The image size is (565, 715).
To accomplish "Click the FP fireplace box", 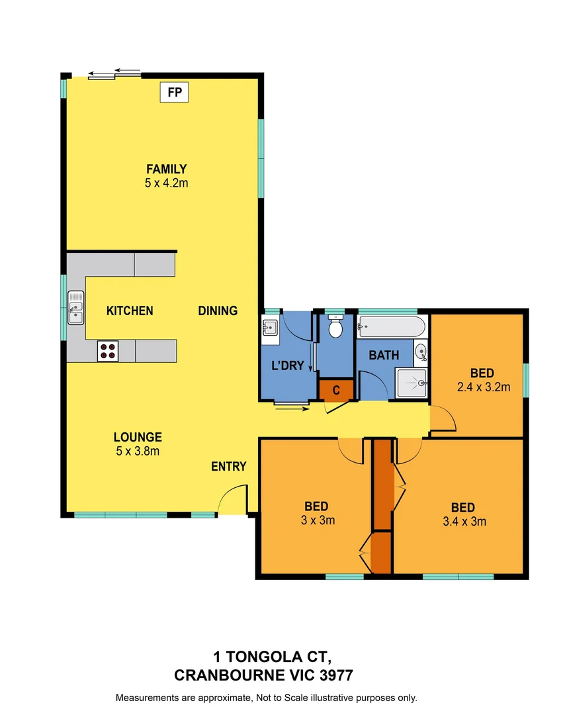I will coord(175,93).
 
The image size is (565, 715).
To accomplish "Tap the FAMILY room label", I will coord(167,169).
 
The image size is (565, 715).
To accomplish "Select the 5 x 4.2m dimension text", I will coord(167,183).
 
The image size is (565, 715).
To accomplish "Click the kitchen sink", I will coord(76,308).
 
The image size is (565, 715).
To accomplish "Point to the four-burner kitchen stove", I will coord(108,350).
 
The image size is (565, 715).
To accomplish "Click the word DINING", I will coord(218,310).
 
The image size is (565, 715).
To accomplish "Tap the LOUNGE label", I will coord(138,437).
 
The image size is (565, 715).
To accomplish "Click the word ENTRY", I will coord(229,467).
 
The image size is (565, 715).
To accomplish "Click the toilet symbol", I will coord(335,326).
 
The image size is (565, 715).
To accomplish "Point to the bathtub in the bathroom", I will coord(391,326).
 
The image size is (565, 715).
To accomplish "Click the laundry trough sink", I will coord(269,328).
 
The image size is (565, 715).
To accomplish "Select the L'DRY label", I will coord(288,364).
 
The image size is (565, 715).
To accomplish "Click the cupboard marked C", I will coord(336,390).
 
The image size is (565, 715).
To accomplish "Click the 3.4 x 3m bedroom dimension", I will coord(462,522).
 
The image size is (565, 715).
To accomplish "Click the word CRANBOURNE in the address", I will coord(224,675).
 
